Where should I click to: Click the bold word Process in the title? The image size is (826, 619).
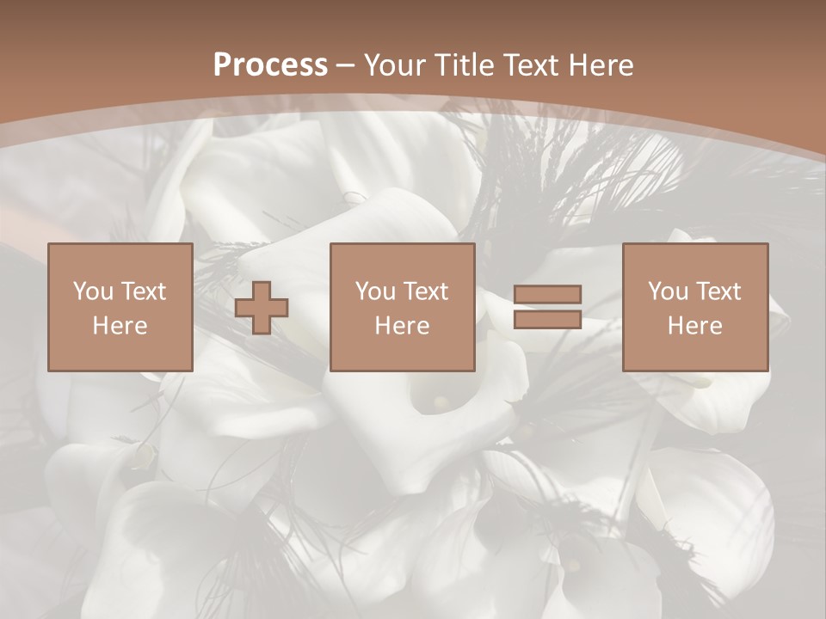(270, 64)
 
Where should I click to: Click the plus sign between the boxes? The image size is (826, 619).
(262, 308)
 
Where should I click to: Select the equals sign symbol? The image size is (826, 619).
(547, 307)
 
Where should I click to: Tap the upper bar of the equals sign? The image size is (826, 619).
(547, 295)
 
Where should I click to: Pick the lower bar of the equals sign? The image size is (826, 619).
(547, 319)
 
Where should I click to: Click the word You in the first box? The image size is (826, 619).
(91, 291)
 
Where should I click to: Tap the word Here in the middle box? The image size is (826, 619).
(403, 326)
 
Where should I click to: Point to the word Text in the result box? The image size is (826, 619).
(720, 291)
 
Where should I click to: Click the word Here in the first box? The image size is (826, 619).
(120, 326)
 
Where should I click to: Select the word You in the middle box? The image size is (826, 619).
(374, 291)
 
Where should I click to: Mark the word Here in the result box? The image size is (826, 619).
(695, 326)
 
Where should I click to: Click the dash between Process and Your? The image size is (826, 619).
(345, 66)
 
